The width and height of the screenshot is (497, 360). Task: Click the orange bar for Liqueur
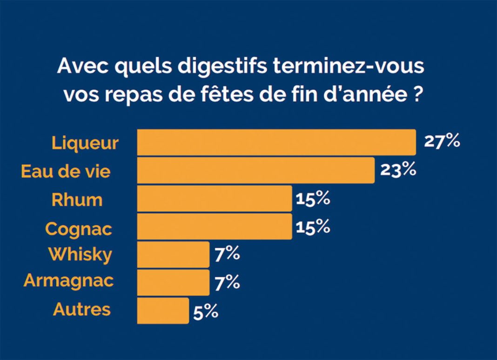coord(276,143)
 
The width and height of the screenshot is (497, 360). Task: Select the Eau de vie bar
coord(255,170)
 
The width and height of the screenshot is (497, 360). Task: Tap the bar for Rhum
coord(214,199)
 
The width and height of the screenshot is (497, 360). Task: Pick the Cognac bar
coord(214,227)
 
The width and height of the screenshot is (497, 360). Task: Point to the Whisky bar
coord(173,255)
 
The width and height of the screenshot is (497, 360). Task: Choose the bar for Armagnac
coord(173,283)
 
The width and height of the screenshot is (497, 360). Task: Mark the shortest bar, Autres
coord(163,311)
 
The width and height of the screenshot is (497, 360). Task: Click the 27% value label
coord(442,142)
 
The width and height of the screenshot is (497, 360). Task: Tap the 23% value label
coord(398,170)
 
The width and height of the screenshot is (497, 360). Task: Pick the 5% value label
coord(205,312)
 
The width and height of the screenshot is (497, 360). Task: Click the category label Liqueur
coord(85,143)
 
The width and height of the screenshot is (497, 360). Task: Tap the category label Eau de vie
coord(66,171)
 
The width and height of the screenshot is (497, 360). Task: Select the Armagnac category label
coord(68,282)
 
